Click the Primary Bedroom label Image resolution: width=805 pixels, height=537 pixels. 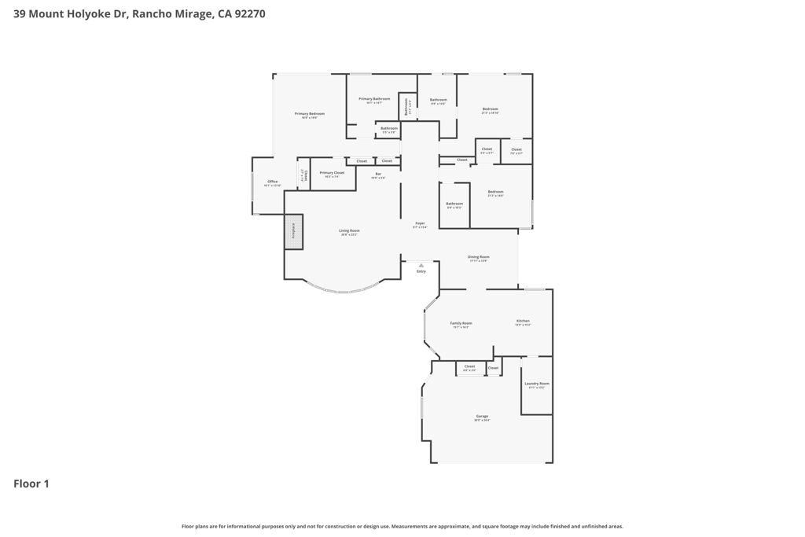[310, 115]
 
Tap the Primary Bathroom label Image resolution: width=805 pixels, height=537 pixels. [374, 100]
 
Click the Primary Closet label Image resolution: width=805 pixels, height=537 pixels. [332, 174]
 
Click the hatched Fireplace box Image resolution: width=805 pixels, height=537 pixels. [294, 231]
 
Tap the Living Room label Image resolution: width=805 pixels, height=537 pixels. [349, 232]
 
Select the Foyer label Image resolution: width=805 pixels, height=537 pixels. [421, 225]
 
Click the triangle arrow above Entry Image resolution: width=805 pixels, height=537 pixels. [421, 266]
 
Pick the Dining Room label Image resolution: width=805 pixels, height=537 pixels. [479, 258]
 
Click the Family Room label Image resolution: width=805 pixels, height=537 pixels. [461, 325]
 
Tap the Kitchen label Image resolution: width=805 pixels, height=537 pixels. [523, 322]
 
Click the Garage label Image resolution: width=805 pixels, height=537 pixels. [482, 417]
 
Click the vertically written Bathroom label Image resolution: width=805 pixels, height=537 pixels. [406, 105]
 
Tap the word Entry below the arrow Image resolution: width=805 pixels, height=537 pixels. [421, 272]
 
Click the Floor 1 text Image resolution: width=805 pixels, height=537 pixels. [31, 484]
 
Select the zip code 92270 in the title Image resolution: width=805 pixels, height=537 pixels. [248, 13]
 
